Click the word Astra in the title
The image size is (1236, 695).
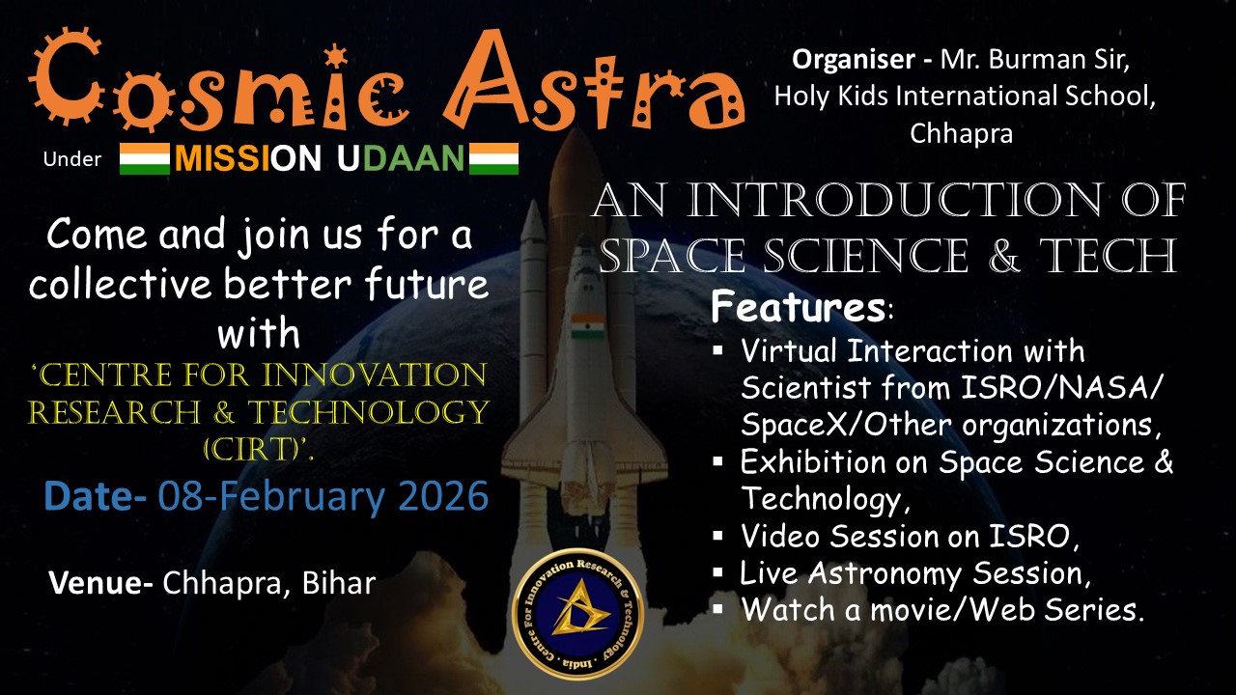tap(593, 80)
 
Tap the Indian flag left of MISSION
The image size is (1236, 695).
tap(145, 159)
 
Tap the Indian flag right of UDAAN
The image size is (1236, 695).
tap(493, 159)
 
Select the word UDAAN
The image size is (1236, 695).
tap(401, 159)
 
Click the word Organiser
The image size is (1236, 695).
tap(854, 60)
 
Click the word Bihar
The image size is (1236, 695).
tap(339, 582)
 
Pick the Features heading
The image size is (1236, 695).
tap(798, 307)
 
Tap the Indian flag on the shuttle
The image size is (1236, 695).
tap(588, 326)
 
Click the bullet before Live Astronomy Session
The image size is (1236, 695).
tap(717, 572)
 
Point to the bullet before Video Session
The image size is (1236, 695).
tap(717, 535)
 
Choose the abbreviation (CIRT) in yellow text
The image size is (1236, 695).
tap(254, 450)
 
